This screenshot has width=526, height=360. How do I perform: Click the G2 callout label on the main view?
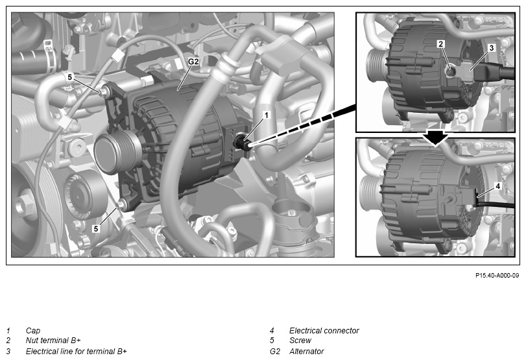193,62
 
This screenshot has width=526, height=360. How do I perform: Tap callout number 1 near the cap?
267,115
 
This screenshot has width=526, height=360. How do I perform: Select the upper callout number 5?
70,77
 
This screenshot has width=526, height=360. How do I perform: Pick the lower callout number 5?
96,228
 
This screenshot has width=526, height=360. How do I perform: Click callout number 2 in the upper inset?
441,43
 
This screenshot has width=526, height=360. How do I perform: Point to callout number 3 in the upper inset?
492,47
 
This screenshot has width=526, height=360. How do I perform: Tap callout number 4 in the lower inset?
498,186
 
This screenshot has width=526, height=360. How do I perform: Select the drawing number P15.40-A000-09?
497,275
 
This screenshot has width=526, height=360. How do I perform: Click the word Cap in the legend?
33,330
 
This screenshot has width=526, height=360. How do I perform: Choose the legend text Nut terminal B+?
53,340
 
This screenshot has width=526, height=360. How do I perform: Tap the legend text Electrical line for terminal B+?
76,352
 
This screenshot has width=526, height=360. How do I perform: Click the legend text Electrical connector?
324,330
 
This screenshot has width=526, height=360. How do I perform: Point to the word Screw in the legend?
300,340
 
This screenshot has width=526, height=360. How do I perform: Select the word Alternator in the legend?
307,352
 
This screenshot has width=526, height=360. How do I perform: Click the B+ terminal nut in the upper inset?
449,71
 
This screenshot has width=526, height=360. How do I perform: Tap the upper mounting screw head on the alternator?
104,91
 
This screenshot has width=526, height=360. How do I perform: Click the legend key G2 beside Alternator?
275,352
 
